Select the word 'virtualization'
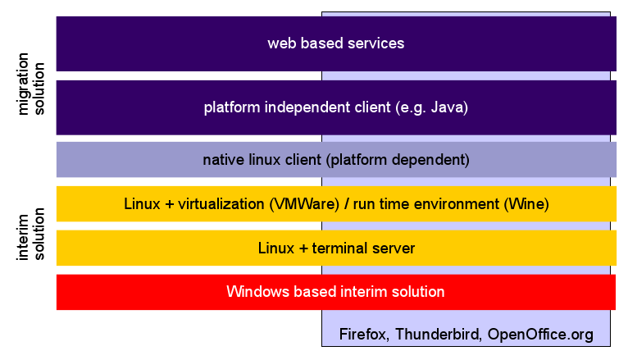point(221,204)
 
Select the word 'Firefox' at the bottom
point(362,334)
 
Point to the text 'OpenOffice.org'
point(540,335)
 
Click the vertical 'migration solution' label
point(30,84)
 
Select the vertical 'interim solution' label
point(30,235)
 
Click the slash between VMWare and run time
point(347,204)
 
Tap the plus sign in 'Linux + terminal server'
point(303,248)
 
